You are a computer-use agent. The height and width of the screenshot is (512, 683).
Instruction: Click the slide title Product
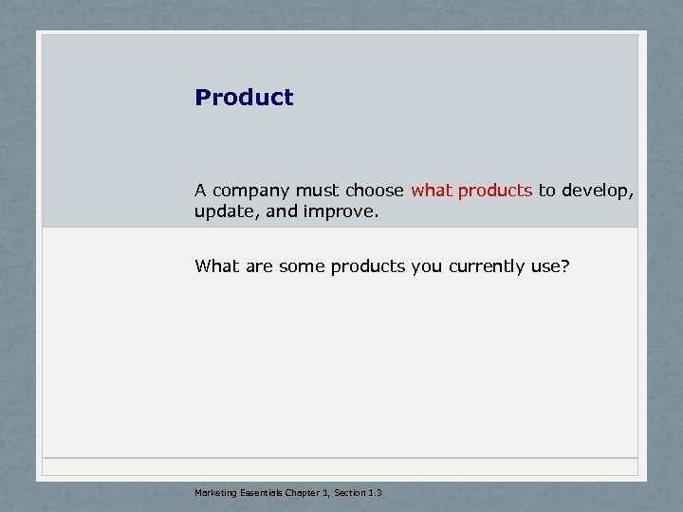coord(244,98)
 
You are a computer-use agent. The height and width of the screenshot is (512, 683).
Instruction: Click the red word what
coord(432,191)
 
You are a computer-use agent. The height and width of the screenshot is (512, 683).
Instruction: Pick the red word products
coord(495,192)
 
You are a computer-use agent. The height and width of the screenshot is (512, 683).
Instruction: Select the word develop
coord(598,192)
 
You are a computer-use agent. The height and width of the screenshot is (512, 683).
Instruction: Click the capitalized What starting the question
coord(215,266)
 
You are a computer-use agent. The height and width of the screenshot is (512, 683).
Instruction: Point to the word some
coord(303,266)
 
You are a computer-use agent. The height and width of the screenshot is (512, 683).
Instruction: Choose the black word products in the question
coord(368,267)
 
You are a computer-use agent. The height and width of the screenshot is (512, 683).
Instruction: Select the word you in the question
coord(428,267)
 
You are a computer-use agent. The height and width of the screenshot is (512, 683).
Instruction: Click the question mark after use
coord(566,266)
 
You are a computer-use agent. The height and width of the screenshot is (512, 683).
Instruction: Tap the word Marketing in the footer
coord(214,492)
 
